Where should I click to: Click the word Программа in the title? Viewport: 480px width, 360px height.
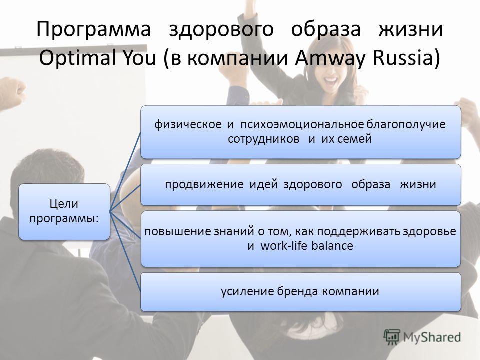click(x=93, y=29)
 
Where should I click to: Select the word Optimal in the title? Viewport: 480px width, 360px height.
click(x=77, y=58)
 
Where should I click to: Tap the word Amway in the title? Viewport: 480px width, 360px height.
click(x=330, y=58)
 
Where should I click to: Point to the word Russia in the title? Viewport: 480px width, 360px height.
click(x=403, y=58)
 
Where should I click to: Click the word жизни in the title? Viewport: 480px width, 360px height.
click(x=411, y=29)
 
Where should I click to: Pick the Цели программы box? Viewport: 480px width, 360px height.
click(x=64, y=211)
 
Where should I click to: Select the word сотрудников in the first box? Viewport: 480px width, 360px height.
click(x=264, y=139)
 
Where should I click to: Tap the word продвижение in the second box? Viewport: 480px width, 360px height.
click(x=204, y=185)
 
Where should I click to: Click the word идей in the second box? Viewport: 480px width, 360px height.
click(x=263, y=184)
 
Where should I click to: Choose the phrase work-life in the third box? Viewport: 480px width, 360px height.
click(x=284, y=246)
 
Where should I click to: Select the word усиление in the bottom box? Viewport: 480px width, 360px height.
click(x=247, y=291)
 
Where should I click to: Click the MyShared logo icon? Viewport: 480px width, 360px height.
click(x=392, y=337)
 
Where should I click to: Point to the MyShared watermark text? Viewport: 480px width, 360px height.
click(x=432, y=337)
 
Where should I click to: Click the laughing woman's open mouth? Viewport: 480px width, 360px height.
click(x=331, y=81)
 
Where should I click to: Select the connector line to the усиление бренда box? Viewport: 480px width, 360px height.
click(x=125, y=250)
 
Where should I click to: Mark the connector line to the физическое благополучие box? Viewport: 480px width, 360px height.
click(x=125, y=171)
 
